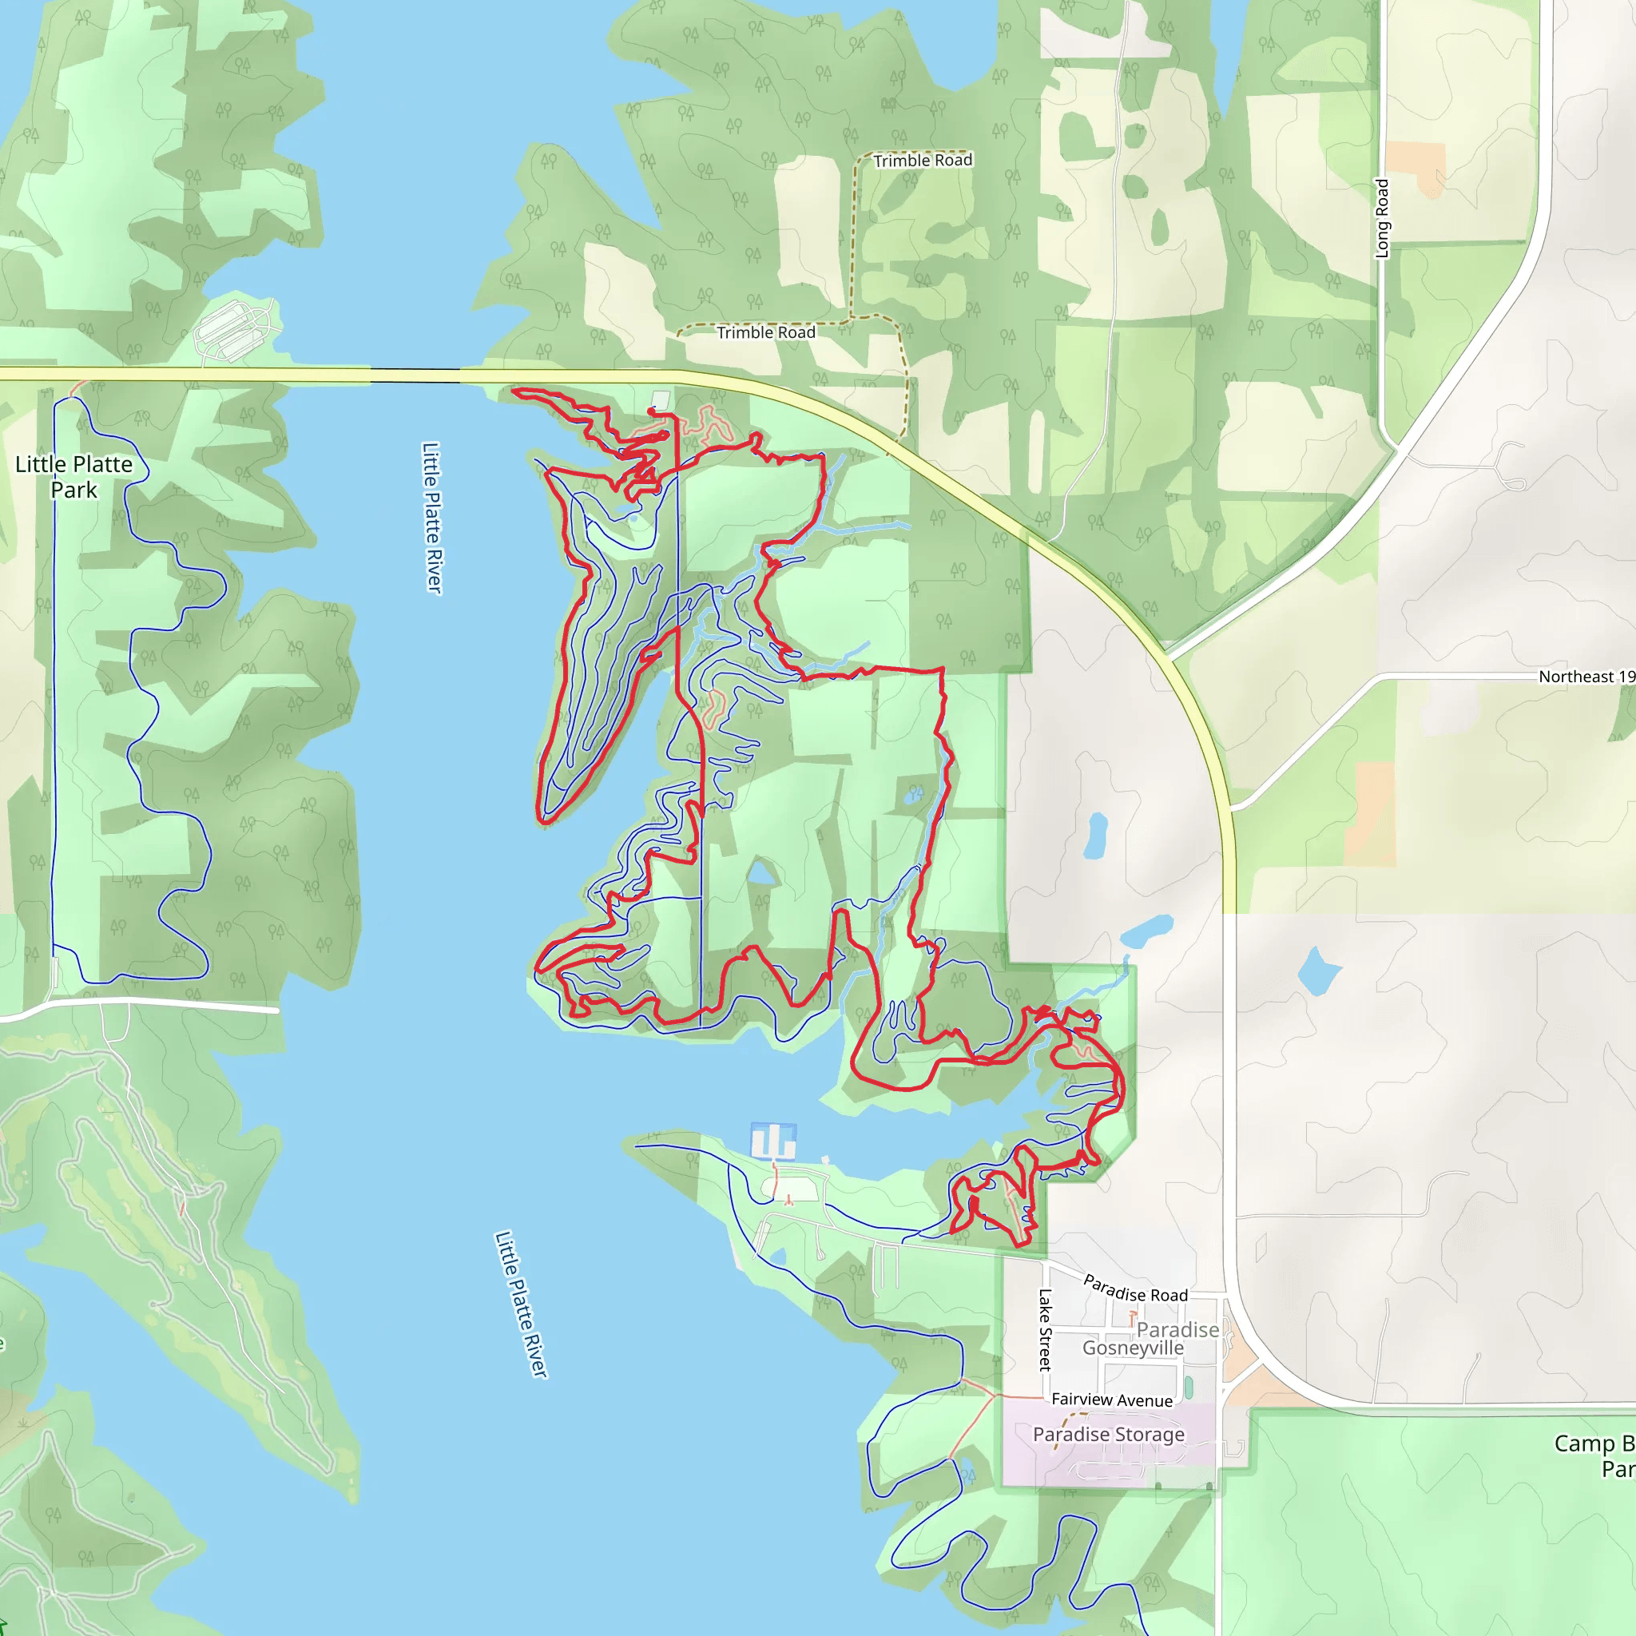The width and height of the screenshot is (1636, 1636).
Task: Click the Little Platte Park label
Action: pyautogui.click(x=73, y=477)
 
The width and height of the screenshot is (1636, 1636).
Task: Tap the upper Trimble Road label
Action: pyautogui.click(x=922, y=160)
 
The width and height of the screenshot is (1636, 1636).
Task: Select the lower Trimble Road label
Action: pyautogui.click(x=765, y=333)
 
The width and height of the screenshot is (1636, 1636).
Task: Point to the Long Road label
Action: pyautogui.click(x=1382, y=218)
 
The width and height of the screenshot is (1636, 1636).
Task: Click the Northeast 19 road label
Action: pyautogui.click(x=1585, y=677)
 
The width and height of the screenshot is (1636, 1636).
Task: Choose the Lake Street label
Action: pyautogui.click(x=1045, y=1329)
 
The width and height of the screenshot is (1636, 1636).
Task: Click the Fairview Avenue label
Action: pyautogui.click(x=1112, y=1400)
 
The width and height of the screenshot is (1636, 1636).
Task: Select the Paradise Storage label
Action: pyautogui.click(x=1109, y=1435)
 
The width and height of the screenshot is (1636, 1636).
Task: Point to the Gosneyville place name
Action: pyautogui.click(x=1132, y=1348)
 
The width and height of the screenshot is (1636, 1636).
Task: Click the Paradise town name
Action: pyautogui.click(x=1177, y=1329)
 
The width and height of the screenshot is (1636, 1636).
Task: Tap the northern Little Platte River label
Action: pyautogui.click(x=432, y=518)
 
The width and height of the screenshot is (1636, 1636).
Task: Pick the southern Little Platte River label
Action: pyautogui.click(x=521, y=1304)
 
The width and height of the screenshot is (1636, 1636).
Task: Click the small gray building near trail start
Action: pyautogui.click(x=661, y=399)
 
